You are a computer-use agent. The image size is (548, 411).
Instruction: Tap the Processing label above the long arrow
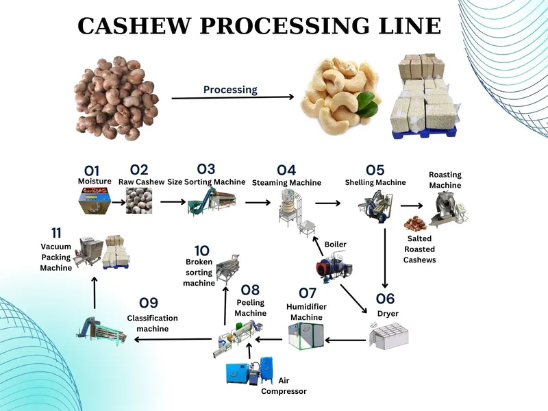click(230, 90)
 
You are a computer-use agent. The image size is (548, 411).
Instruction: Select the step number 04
click(286, 170)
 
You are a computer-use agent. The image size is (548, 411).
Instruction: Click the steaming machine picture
click(293, 206)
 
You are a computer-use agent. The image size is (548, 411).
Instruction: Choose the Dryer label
click(387, 314)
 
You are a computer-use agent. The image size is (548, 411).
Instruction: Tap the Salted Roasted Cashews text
click(419, 249)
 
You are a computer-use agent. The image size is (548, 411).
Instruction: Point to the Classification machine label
click(152, 323)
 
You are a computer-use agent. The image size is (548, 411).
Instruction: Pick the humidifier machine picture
click(304, 336)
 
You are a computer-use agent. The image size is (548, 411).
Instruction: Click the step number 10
click(202, 251)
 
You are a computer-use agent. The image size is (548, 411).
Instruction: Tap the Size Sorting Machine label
click(206, 182)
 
